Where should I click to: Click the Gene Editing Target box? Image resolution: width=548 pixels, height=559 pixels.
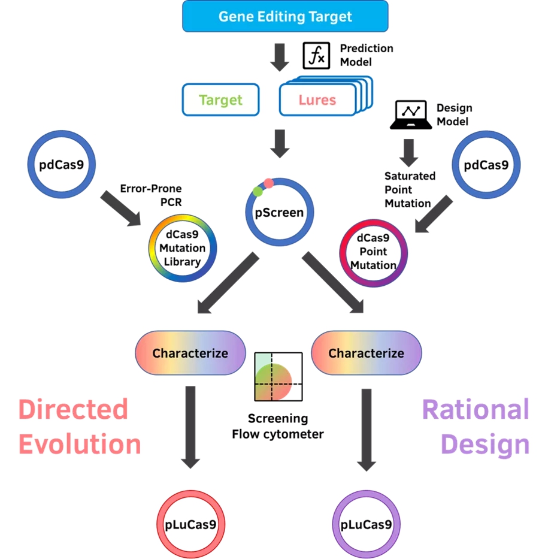(x=285, y=16)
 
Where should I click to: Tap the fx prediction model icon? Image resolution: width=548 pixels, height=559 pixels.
(x=314, y=56)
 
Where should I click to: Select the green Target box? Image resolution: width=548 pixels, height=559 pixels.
(x=220, y=99)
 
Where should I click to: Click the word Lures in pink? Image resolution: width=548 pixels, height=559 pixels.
(x=317, y=99)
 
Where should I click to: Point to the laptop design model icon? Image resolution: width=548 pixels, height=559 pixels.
(x=411, y=115)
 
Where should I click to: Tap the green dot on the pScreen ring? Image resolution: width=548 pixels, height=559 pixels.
(x=258, y=192)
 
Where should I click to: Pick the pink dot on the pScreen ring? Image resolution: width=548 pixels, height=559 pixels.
(x=269, y=183)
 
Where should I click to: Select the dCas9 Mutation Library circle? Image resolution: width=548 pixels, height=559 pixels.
(x=183, y=248)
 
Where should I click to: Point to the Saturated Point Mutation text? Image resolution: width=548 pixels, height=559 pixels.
(x=410, y=189)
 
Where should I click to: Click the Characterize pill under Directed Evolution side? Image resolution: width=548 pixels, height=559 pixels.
(x=190, y=353)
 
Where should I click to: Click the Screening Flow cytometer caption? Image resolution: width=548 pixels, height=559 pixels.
(x=278, y=426)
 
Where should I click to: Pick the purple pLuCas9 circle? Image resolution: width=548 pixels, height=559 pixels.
(x=366, y=525)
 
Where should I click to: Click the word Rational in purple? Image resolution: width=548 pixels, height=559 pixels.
(x=476, y=410)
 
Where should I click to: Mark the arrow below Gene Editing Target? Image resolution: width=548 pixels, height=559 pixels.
(x=280, y=58)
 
